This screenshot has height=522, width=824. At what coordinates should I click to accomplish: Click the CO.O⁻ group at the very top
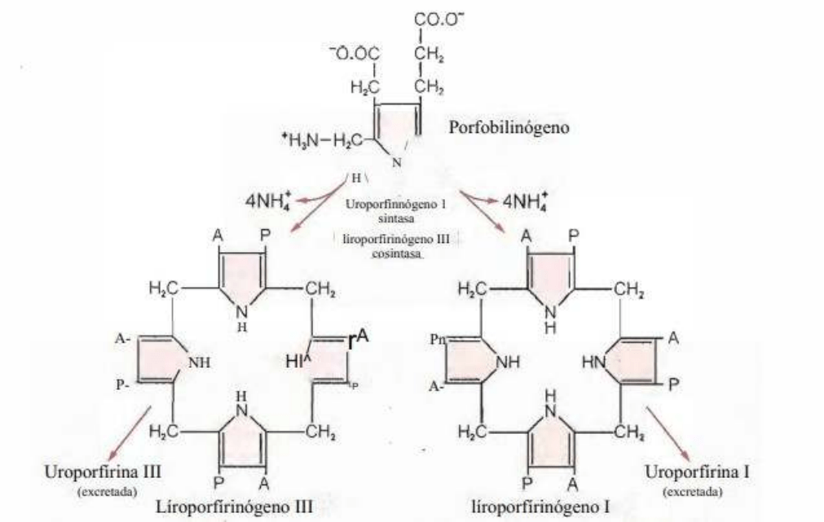coord(437,18)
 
